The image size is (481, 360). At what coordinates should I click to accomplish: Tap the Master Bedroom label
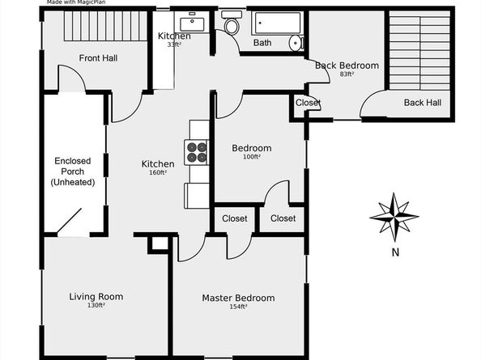238,298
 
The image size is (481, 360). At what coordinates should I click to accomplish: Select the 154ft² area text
238,307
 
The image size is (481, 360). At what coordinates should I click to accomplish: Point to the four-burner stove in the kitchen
198,151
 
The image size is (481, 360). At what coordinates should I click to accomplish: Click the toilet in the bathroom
232,27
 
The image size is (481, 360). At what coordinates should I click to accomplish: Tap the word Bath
262,43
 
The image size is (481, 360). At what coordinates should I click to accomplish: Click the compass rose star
394,216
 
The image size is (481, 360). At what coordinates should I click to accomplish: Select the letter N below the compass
395,252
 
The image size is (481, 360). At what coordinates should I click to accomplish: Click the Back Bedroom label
347,66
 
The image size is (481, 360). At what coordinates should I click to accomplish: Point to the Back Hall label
422,103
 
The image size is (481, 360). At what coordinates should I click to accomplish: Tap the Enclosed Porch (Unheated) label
74,172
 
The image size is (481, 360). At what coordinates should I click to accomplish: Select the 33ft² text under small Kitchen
174,45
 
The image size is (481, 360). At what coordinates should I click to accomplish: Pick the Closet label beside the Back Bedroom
308,103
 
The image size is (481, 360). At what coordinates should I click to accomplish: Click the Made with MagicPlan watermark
79,3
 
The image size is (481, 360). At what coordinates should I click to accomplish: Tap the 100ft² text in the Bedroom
252,157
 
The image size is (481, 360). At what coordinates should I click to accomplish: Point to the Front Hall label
98,57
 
